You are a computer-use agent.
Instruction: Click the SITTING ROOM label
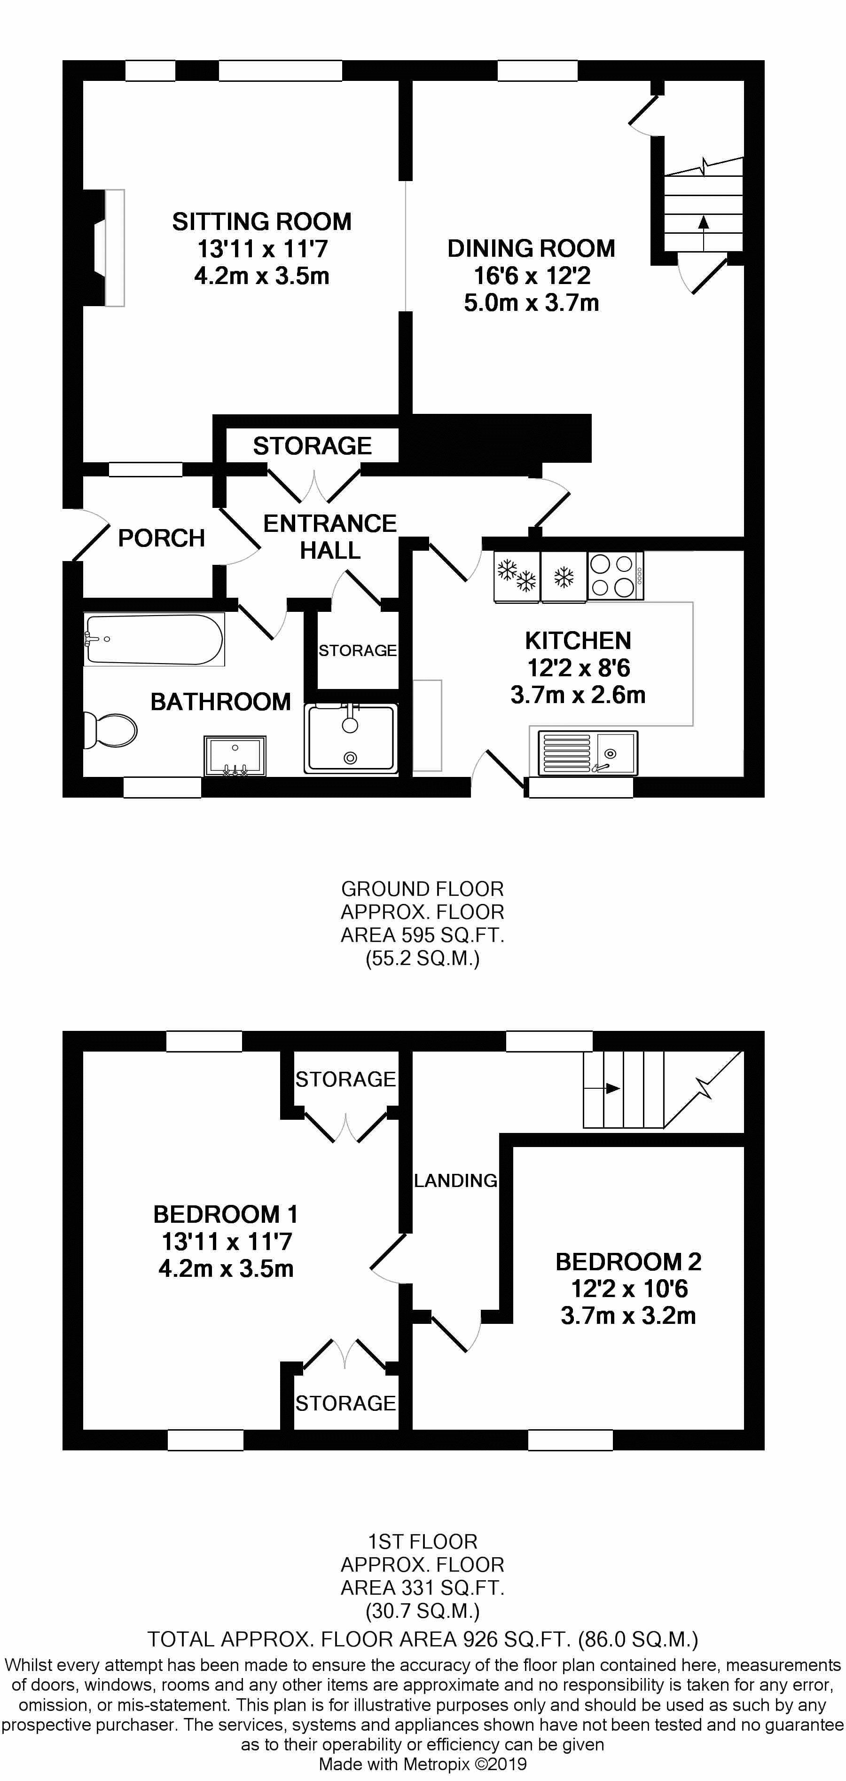[x=262, y=222]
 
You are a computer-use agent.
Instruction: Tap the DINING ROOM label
[x=531, y=249]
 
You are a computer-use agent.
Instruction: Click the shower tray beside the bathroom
[x=351, y=738]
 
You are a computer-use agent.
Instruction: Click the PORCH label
[x=162, y=538]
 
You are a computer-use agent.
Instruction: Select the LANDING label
[x=455, y=1181]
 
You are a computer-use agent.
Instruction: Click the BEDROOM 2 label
[x=628, y=1262]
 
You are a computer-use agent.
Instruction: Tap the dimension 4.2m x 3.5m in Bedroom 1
[x=226, y=1269]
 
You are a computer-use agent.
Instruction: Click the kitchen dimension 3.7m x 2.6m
[x=578, y=695]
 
